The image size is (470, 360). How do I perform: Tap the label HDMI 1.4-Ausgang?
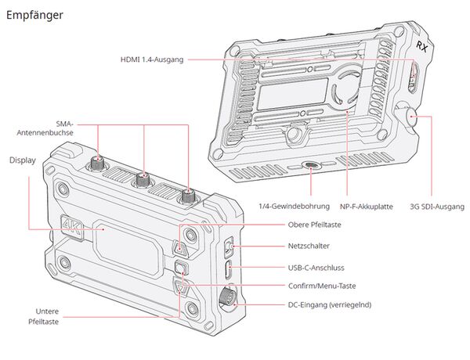[x=151, y=59]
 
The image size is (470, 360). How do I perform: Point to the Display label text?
[x=23, y=160]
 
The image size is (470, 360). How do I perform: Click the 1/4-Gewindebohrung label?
[x=294, y=207]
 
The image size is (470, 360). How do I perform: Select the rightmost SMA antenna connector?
[x=189, y=194]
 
